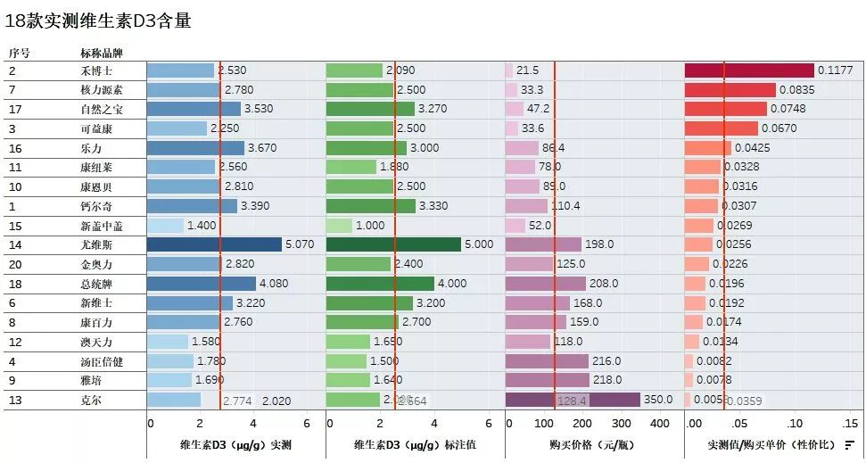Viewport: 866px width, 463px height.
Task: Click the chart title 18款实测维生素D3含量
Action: (98, 21)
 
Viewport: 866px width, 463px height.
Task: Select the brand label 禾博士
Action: (96, 70)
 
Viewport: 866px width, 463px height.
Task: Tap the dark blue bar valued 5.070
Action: (214, 244)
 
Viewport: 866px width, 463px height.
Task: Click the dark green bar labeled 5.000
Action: (393, 244)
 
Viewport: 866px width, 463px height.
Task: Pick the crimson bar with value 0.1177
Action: (748, 70)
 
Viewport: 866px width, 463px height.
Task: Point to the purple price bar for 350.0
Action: (573, 400)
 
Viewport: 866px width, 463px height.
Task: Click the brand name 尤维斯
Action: (96, 244)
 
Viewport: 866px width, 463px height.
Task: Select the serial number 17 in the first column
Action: (15, 109)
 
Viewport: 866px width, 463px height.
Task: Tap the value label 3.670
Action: (262, 148)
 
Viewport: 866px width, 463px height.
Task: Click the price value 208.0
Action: (603, 284)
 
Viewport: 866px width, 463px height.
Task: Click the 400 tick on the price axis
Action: (660, 423)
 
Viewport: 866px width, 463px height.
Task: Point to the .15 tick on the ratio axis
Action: (850, 423)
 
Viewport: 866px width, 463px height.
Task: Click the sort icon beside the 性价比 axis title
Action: (849, 444)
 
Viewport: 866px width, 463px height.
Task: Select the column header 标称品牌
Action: (99, 54)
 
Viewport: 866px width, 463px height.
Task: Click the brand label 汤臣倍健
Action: (99, 361)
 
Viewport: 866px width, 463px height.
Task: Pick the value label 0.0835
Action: (796, 90)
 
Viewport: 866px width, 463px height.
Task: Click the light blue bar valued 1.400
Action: (165, 226)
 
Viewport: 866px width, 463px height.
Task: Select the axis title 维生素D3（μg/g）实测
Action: (235, 444)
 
